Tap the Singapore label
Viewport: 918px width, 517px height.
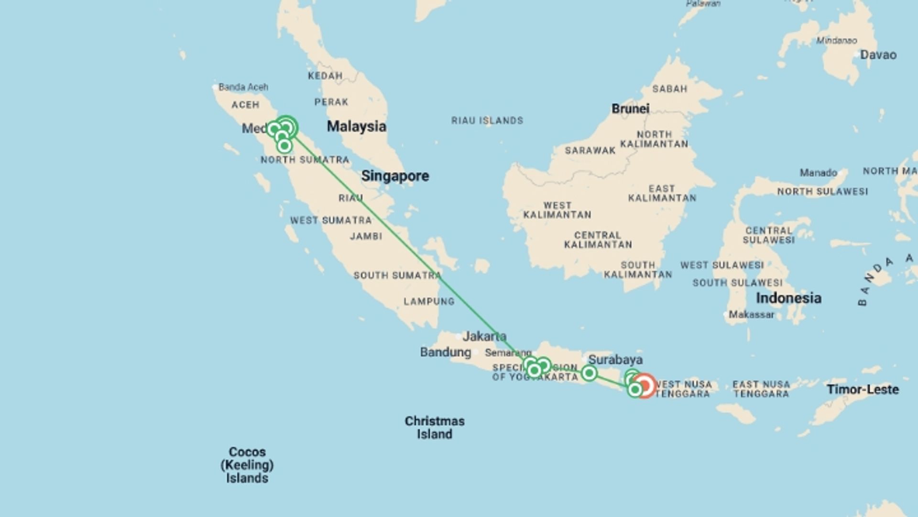click(395, 176)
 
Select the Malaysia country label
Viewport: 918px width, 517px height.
click(356, 126)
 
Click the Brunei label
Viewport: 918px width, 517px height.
click(630, 109)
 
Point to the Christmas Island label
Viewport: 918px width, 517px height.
click(434, 427)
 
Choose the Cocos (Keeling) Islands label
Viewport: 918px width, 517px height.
click(247, 465)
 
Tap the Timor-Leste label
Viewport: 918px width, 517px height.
click(863, 389)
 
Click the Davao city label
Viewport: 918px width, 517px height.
click(878, 55)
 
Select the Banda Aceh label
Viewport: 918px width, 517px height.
click(243, 87)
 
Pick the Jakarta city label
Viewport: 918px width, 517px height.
click(484, 336)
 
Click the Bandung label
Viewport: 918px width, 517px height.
click(445, 352)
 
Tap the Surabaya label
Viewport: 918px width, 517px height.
click(615, 360)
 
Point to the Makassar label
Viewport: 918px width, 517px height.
click(751, 315)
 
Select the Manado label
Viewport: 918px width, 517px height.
click(818, 172)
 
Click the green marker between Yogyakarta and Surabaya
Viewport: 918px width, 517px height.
click(589, 373)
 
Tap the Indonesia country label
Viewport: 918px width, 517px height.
click(788, 298)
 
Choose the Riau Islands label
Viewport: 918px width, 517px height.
click(487, 121)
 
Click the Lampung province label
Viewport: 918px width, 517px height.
click(429, 302)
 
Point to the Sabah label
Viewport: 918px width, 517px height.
click(669, 89)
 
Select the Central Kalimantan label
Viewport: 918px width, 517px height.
click(598, 240)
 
